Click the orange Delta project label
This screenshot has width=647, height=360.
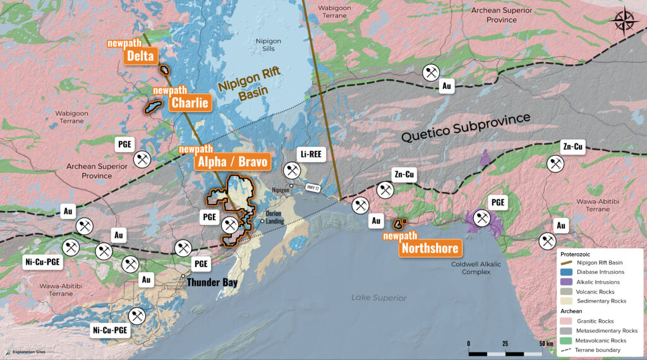pyautogui.click(x=140, y=56)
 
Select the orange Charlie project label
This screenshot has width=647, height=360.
pyautogui.click(x=188, y=102)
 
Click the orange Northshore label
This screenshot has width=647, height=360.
pyautogui.click(x=428, y=248)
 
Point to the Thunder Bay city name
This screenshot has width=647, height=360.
pyautogui.click(x=212, y=282)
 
